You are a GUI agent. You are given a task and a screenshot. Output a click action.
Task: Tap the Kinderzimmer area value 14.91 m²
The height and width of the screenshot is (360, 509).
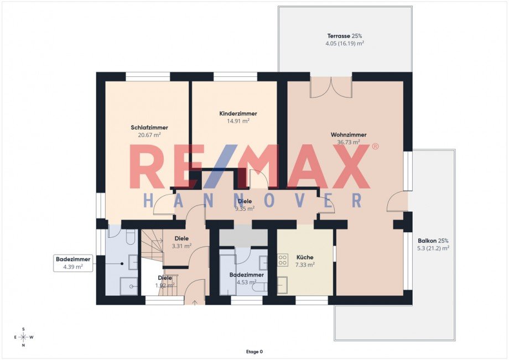[x=238, y=121]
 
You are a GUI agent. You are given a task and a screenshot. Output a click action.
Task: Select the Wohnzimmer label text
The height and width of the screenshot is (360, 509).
[x=349, y=134]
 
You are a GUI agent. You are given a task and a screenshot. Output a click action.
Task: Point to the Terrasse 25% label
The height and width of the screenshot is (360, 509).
[x=345, y=36]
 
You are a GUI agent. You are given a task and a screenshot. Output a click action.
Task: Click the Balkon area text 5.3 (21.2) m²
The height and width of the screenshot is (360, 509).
[x=433, y=248]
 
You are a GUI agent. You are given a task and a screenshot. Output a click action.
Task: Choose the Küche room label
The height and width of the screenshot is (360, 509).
[x=305, y=257]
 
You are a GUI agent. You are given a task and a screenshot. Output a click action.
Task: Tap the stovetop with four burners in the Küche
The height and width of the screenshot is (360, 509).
[x=282, y=259]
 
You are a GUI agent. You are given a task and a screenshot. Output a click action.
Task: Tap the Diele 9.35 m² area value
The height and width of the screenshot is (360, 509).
[x=245, y=209]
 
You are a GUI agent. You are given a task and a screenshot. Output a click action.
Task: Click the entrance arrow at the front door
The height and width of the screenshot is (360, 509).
[x=194, y=302]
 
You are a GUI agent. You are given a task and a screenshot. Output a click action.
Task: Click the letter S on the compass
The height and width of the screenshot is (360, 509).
[x=23, y=329]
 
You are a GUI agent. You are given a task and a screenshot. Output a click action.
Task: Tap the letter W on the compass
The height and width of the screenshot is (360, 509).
[x=32, y=337]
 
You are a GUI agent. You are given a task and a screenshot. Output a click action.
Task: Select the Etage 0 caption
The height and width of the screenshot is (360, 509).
[x=254, y=351]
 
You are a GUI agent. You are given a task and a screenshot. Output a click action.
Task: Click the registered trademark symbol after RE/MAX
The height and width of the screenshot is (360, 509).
[x=375, y=147]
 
